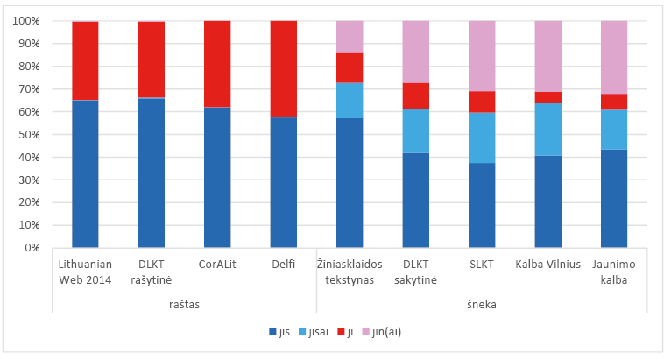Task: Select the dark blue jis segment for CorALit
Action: (x=217, y=177)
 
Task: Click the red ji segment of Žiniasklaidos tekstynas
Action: (x=350, y=67)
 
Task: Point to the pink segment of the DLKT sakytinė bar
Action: (x=415, y=52)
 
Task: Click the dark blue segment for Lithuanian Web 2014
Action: (x=85, y=173)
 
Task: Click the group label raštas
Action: (x=184, y=305)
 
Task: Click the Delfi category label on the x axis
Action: (x=283, y=265)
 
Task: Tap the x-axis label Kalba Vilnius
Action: (x=547, y=265)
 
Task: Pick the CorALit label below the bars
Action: (x=217, y=265)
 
